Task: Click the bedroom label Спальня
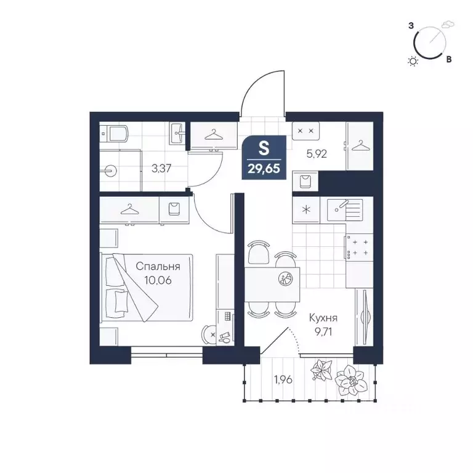pyautogui.click(x=158, y=267)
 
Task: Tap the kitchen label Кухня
pyautogui.click(x=323, y=318)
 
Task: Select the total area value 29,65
pyautogui.click(x=264, y=168)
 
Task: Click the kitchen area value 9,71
pyautogui.click(x=323, y=332)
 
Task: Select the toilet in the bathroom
pyautogui.click(x=115, y=134)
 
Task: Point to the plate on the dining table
pyautogui.click(x=285, y=279)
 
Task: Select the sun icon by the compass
pyautogui.click(x=413, y=60)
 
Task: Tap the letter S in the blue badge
pyautogui.click(x=264, y=148)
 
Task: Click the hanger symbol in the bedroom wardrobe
pyautogui.click(x=129, y=209)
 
